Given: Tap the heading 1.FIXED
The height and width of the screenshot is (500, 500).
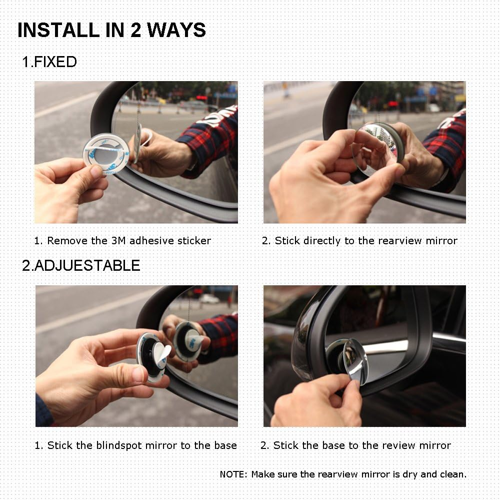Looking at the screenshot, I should [49, 62].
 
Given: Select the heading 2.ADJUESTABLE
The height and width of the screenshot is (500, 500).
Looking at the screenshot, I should [80, 265].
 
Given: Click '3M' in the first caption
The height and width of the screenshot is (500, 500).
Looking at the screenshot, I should [117, 241].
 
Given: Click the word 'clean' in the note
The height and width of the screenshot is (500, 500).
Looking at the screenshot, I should [451, 474].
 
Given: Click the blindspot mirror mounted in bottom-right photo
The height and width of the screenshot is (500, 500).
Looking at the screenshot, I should [356, 360].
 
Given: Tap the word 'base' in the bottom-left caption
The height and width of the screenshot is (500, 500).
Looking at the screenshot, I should [225, 445].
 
